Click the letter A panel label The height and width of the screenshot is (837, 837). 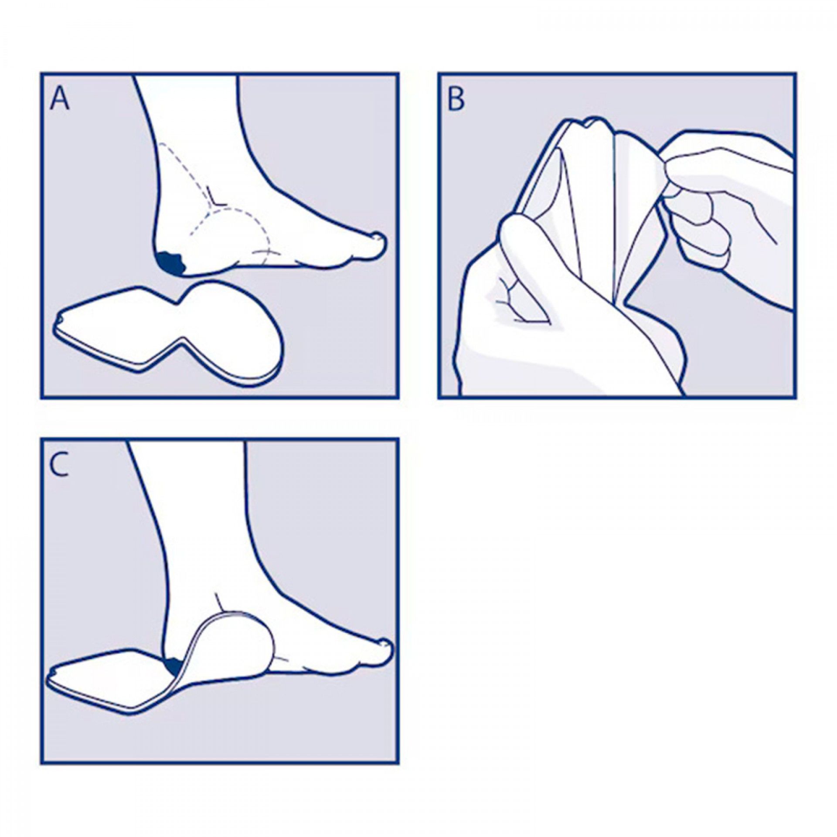click(x=60, y=99)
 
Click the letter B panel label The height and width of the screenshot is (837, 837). click(x=456, y=100)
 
